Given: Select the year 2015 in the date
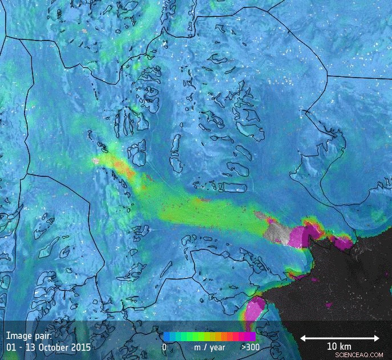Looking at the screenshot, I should (81, 346).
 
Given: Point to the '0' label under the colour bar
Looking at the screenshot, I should (164, 347).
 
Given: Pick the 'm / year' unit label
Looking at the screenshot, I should (209, 347).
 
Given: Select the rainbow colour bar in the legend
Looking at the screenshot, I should (208, 337).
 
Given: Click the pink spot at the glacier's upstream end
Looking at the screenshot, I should (95, 161).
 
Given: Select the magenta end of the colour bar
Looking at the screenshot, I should (250, 337).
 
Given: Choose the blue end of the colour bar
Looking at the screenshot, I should (166, 337).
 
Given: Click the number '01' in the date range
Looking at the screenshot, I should (11, 346).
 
